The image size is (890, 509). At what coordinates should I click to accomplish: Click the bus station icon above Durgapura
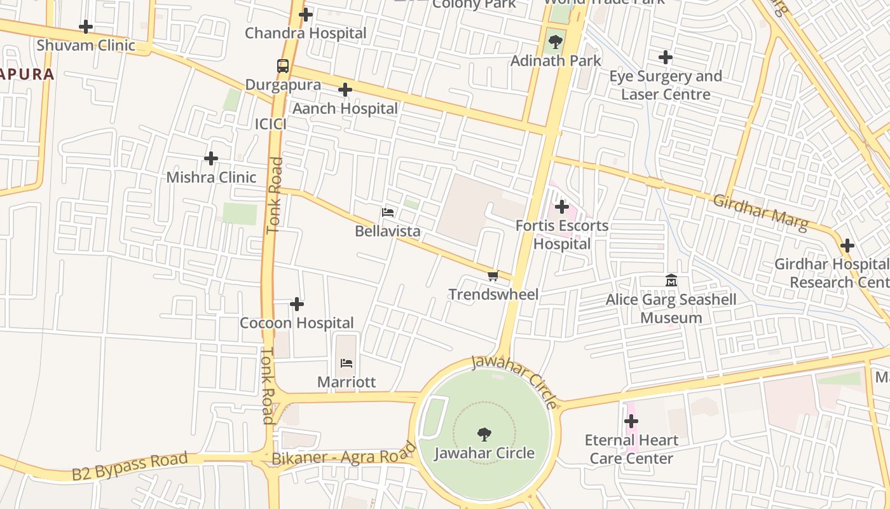click(x=283, y=66)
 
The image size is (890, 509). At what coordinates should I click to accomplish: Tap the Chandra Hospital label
click(x=306, y=33)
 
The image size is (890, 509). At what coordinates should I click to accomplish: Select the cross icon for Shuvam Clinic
click(x=86, y=27)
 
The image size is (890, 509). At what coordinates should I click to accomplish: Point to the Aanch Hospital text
click(x=345, y=109)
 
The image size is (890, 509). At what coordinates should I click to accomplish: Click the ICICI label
click(x=271, y=125)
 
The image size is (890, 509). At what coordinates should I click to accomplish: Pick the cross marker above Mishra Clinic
click(x=211, y=158)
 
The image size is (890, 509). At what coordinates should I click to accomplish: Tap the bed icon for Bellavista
click(x=388, y=213)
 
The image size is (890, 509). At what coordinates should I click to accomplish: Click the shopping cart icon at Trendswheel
click(x=493, y=275)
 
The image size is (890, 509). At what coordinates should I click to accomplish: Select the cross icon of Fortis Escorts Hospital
click(x=562, y=207)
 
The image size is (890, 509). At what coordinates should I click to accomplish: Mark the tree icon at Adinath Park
click(x=556, y=43)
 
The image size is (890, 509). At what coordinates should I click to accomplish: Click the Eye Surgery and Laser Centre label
click(x=666, y=85)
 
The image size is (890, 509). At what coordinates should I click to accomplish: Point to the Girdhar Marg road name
click(x=760, y=213)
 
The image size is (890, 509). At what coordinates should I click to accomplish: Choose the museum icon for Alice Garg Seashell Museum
click(x=671, y=281)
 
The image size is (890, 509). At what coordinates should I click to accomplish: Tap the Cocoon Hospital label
click(x=297, y=323)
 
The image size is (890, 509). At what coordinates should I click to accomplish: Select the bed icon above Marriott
click(x=346, y=363)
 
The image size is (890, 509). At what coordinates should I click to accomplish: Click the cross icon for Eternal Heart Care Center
click(x=631, y=421)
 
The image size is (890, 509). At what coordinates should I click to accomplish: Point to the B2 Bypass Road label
click(x=130, y=466)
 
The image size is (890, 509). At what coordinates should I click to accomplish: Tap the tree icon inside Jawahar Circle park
click(x=484, y=435)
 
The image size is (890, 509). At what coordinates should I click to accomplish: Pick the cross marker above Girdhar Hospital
click(x=847, y=246)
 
